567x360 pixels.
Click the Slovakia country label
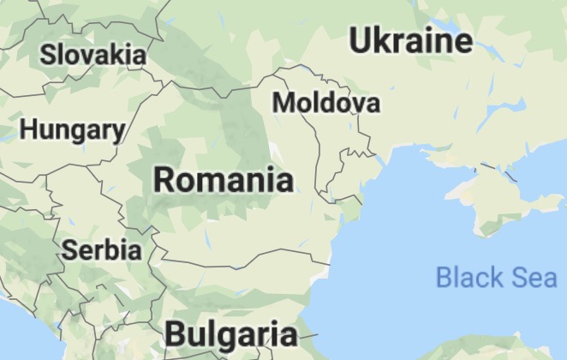click(93, 54)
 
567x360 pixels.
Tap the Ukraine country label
click(411, 40)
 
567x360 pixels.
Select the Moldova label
click(325, 103)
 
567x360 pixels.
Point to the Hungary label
click(72, 130)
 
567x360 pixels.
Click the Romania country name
click(223, 180)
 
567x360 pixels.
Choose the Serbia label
click(102, 250)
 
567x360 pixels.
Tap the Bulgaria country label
click(231, 333)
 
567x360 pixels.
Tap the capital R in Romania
click(164, 180)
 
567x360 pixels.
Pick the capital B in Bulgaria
click(176, 333)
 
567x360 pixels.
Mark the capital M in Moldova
click(283, 103)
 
